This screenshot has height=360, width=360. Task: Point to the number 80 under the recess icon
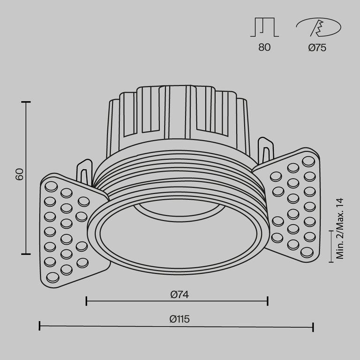coord(264,47)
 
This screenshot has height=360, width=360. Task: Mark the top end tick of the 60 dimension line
coord(26,102)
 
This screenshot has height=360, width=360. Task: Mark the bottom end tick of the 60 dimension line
coord(26,254)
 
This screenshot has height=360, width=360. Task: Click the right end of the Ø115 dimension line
coord(313,326)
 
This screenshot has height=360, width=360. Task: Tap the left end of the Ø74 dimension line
coord(87,301)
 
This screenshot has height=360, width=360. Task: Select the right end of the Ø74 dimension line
coord(267,301)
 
